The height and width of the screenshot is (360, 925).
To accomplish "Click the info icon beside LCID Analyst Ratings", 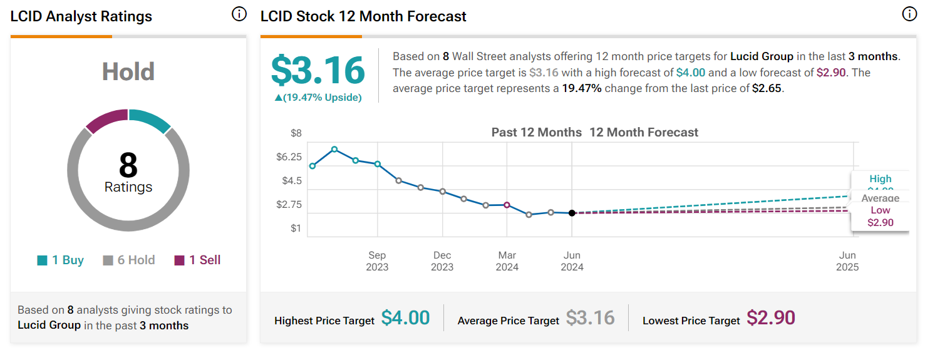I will (239, 14).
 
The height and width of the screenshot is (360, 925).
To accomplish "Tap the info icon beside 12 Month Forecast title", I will (909, 14).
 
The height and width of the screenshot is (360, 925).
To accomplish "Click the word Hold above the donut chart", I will (128, 72).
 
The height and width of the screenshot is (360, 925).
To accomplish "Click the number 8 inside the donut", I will (128, 165).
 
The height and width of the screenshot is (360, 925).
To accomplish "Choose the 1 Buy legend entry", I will (61, 260).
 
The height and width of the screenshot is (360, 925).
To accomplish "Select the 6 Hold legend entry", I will (129, 260).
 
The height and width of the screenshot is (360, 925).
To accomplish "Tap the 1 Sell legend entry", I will (198, 260).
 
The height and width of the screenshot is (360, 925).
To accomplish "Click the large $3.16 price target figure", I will (318, 70).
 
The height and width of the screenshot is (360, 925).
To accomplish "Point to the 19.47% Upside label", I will (318, 98).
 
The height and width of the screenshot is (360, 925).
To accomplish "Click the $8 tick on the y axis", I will (296, 133).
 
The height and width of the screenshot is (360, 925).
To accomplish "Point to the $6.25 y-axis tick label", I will (289, 157).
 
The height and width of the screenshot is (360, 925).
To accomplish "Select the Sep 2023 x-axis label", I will (377, 261).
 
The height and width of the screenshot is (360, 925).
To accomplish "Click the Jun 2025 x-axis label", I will (847, 261).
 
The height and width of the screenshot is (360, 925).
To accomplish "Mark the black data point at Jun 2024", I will (572, 213).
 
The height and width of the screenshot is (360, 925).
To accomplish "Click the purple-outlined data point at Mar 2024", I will (507, 205).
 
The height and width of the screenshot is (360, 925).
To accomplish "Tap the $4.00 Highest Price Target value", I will (405, 318).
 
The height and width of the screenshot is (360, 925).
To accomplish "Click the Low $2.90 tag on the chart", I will (880, 217).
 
